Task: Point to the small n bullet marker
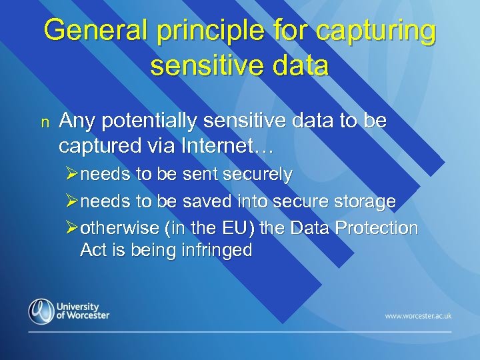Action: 45,121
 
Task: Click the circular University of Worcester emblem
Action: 41,311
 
